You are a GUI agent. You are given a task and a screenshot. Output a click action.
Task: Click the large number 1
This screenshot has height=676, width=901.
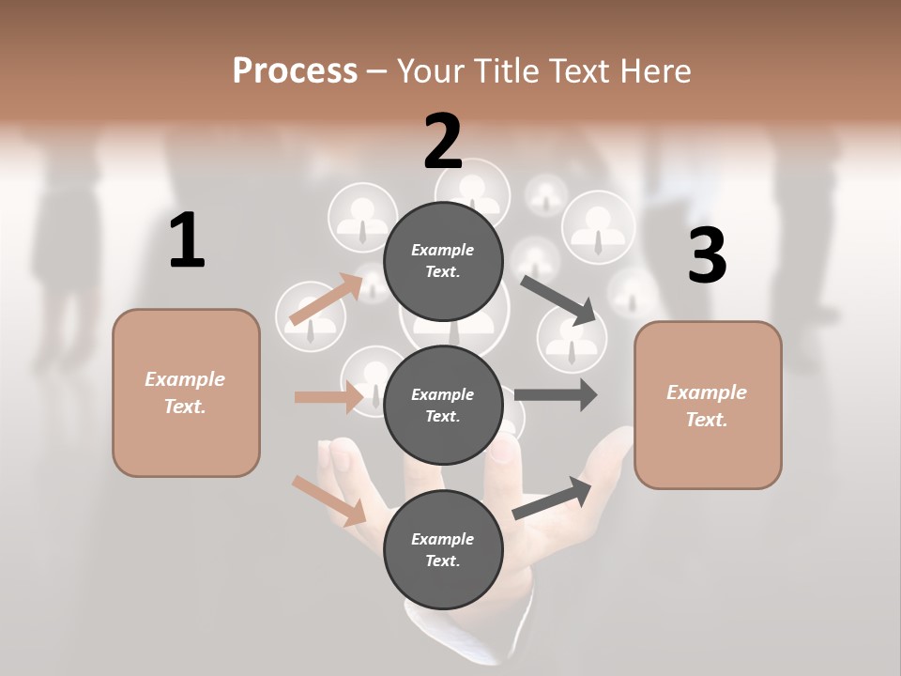pos(187,241)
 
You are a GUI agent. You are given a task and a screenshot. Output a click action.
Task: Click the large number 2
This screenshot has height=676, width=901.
pos(443,142)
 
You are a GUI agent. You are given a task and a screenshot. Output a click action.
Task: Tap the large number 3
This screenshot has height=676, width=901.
pos(707,255)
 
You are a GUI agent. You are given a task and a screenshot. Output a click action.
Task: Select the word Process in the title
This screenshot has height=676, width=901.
pos(295,70)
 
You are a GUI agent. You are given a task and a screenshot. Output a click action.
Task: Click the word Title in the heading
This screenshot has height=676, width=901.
pos(507,70)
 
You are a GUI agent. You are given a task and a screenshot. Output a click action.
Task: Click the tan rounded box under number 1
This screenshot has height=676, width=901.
pos(186,392)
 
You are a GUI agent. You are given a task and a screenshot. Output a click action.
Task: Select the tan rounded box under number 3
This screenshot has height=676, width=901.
pos(708,405)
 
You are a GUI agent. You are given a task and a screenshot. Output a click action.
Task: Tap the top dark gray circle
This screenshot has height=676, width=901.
pos(443,261)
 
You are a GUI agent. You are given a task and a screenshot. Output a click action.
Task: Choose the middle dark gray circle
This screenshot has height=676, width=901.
pos(443,405)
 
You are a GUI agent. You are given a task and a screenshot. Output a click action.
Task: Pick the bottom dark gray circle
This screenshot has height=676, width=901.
pos(443,549)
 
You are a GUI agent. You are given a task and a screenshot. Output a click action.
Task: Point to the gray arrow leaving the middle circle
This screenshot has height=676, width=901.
pos(556,394)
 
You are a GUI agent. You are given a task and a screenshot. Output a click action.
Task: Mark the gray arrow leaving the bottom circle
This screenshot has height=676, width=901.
pos(552,498)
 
